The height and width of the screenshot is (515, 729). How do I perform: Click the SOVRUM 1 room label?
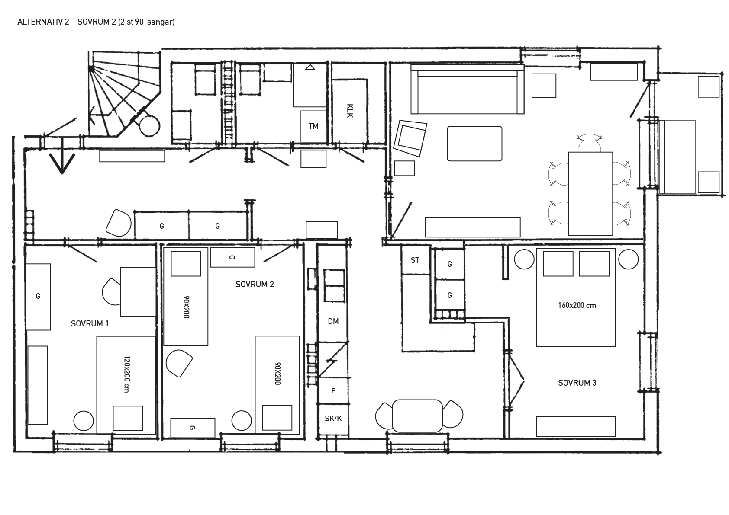[x=90, y=323]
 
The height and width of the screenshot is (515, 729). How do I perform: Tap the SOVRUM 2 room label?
[x=255, y=284]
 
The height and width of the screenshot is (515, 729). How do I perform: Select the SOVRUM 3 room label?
[x=577, y=383]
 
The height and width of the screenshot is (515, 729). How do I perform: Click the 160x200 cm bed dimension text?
[x=577, y=305]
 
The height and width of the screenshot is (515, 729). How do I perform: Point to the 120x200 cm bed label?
[x=127, y=374]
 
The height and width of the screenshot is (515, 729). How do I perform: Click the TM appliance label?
[x=313, y=126]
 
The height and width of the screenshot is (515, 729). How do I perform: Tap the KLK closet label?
[x=350, y=111]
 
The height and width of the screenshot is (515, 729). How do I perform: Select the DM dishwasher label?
[x=333, y=321]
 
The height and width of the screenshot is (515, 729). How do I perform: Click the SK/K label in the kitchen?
[x=333, y=419]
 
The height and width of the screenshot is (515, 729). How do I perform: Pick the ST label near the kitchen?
[x=415, y=260]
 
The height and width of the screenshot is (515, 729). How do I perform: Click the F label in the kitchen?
[x=333, y=391]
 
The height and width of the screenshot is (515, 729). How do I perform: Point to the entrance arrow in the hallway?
[x=62, y=156]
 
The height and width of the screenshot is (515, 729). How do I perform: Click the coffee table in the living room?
[x=474, y=144]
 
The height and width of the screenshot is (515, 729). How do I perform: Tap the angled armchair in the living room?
[x=410, y=138]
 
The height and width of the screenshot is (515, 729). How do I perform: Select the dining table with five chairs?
[x=590, y=193]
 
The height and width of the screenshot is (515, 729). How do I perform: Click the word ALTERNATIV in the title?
[x=40, y=22]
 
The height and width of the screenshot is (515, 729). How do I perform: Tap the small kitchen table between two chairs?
[x=417, y=416]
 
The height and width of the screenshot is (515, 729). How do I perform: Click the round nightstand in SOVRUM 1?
[x=84, y=421]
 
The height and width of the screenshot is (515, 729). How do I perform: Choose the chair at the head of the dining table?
[x=589, y=143]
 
